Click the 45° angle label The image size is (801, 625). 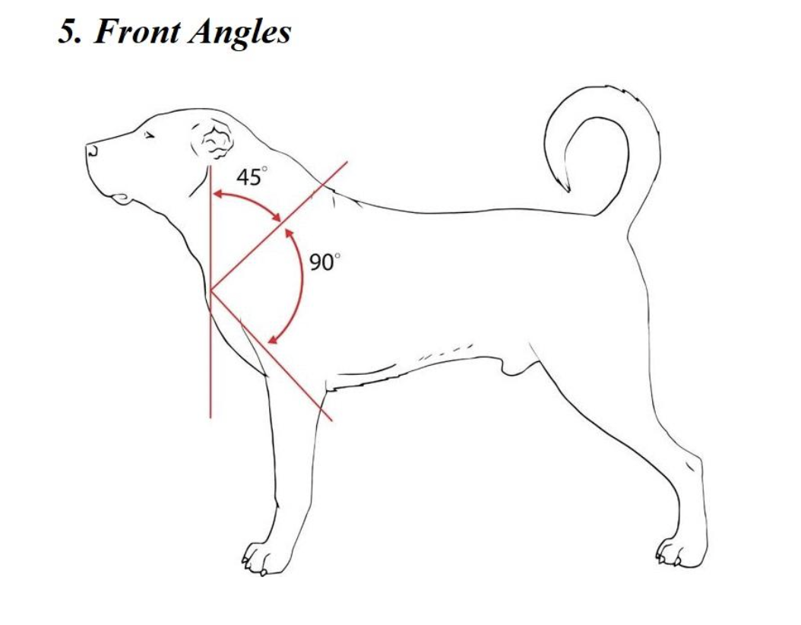[x=252, y=178]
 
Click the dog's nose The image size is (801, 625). [x=91, y=148]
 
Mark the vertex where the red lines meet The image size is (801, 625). [x=211, y=291]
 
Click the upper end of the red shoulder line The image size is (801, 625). [x=347, y=162]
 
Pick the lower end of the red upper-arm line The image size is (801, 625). [x=331, y=419]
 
